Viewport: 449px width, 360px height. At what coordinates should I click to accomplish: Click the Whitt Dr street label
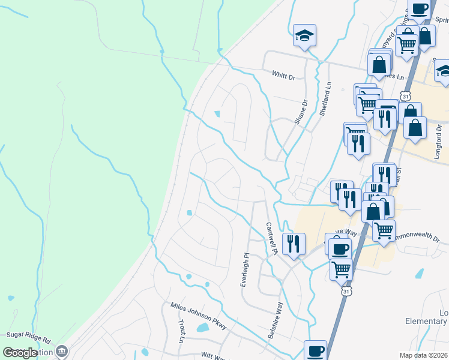(284, 77)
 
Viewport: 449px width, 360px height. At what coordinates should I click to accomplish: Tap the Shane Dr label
(300, 112)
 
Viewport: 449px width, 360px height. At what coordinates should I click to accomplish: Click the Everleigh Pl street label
(245, 269)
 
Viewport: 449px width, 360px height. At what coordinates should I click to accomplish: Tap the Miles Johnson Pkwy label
(199, 316)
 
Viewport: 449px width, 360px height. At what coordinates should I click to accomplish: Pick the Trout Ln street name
(182, 331)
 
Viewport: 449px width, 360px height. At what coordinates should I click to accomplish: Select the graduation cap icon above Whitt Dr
(304, 36)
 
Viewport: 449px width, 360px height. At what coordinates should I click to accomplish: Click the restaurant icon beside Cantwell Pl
(294, 244)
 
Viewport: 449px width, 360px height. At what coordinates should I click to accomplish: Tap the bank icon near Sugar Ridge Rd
(61, 350)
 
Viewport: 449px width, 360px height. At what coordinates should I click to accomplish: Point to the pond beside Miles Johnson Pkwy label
(202, 328)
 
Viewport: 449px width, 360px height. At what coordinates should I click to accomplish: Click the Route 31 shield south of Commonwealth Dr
(346, 291)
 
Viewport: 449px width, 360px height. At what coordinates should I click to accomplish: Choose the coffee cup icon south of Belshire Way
(315, 350)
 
